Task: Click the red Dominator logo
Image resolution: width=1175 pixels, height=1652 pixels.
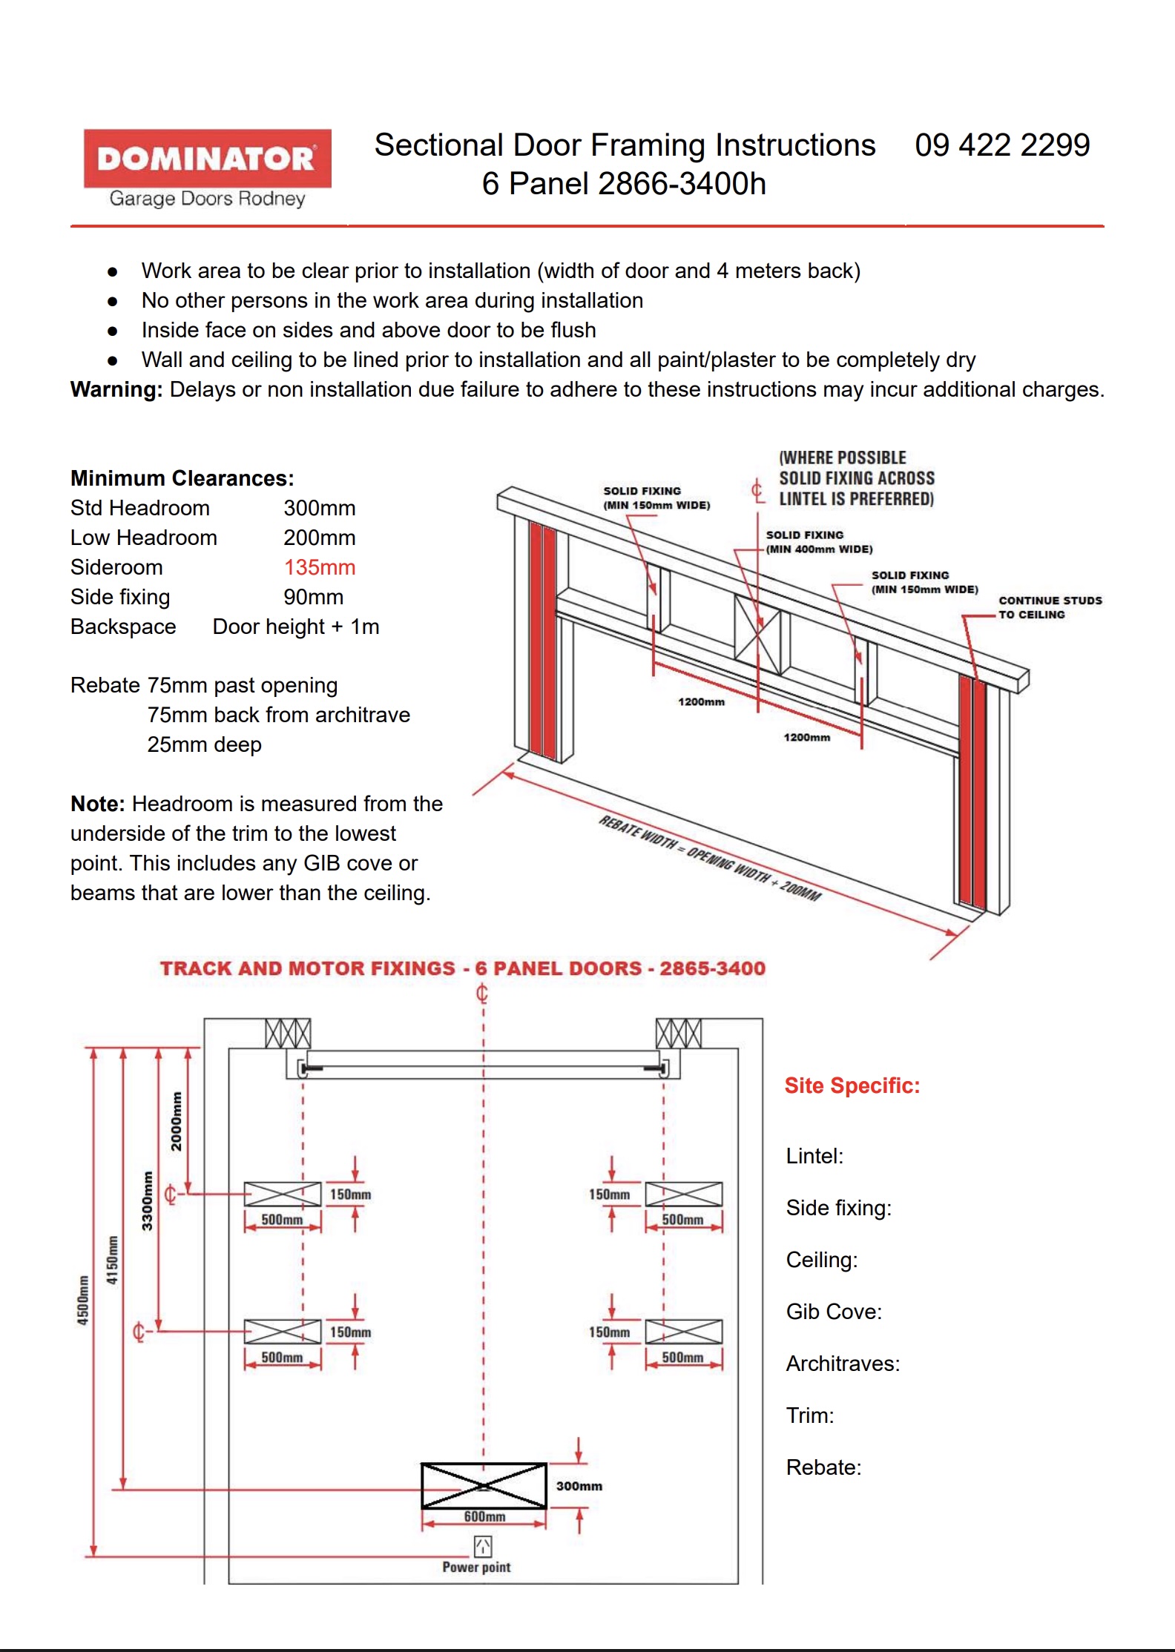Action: (207, 158)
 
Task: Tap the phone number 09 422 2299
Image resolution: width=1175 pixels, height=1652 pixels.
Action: (1002, 145)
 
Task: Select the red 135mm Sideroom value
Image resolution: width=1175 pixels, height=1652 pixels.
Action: (319, 567)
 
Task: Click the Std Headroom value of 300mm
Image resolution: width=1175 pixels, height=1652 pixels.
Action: (319, 508)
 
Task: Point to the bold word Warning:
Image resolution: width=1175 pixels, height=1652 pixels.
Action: (116, 389)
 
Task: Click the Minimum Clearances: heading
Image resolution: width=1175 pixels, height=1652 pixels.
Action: (182, 478)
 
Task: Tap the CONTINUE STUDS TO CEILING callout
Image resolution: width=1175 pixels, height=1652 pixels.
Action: (1049, 607)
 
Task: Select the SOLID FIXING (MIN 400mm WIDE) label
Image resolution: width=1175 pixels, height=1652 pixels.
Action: (818, 542)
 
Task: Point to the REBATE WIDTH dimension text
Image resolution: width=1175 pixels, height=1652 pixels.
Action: (709, 858)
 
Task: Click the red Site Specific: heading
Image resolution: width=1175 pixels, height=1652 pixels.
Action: (852, 1086)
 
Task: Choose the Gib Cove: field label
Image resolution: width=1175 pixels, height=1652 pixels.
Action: (834, 1312)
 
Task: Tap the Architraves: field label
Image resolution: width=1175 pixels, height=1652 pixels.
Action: (843, 1364)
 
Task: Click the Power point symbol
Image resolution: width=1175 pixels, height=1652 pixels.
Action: (482, 1546)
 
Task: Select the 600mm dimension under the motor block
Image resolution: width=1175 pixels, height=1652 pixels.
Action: (484, 1517)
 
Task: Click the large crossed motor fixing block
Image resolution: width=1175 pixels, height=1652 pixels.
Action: (484, 1486)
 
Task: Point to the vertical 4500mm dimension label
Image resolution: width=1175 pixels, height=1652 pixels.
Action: (83, 1299)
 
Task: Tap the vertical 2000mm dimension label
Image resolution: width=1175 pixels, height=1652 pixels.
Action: (176, 1120)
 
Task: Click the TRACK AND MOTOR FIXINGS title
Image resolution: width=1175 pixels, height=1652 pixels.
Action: (463, 968)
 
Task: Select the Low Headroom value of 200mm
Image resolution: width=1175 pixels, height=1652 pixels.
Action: (319, 538)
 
